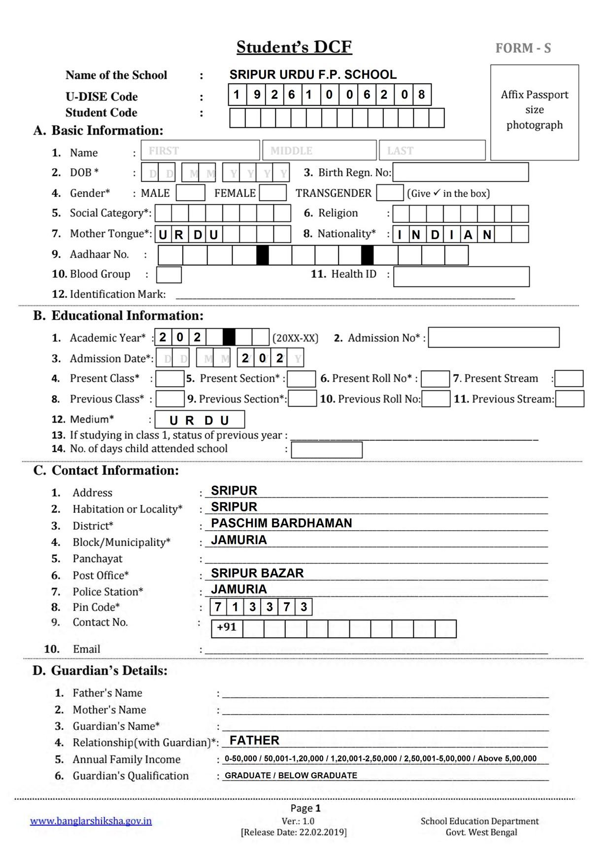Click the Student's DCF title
294,47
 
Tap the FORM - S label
523,48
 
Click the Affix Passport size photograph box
535,112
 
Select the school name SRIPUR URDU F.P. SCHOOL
313,74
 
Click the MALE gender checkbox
190,193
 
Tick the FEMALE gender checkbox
272,193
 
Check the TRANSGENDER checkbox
390,193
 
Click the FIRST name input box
200,150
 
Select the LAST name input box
432,150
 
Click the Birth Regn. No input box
460,172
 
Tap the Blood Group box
169,275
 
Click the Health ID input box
461,277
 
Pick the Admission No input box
493,337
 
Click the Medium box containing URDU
200,420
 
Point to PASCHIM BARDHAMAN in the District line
281,523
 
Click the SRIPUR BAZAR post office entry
257,573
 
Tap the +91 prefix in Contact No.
227,628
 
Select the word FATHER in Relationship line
254,740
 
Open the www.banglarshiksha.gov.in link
91,821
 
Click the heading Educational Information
127,316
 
